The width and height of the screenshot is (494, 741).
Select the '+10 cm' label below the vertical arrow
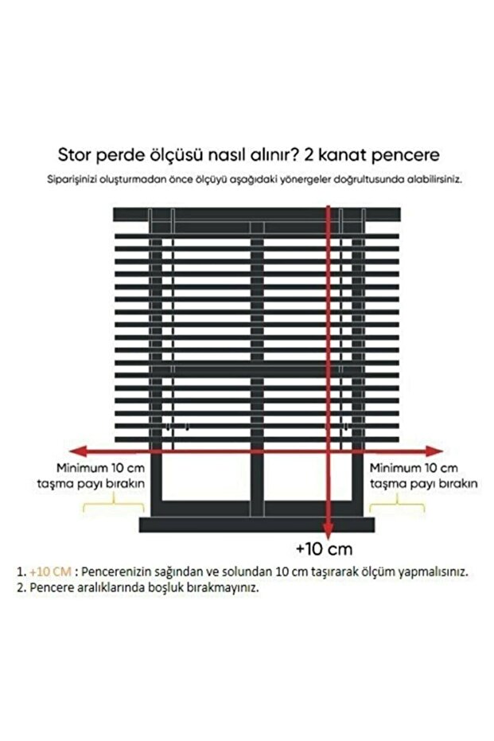pos(323,549)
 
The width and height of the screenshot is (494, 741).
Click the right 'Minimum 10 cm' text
pos(414,467)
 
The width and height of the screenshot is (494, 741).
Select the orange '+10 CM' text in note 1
pos(50,571)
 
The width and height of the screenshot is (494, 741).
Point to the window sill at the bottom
pos(256,525)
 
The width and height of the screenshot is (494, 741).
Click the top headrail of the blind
pos(256,214)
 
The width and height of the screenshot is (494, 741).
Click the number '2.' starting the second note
pos(21,590)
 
